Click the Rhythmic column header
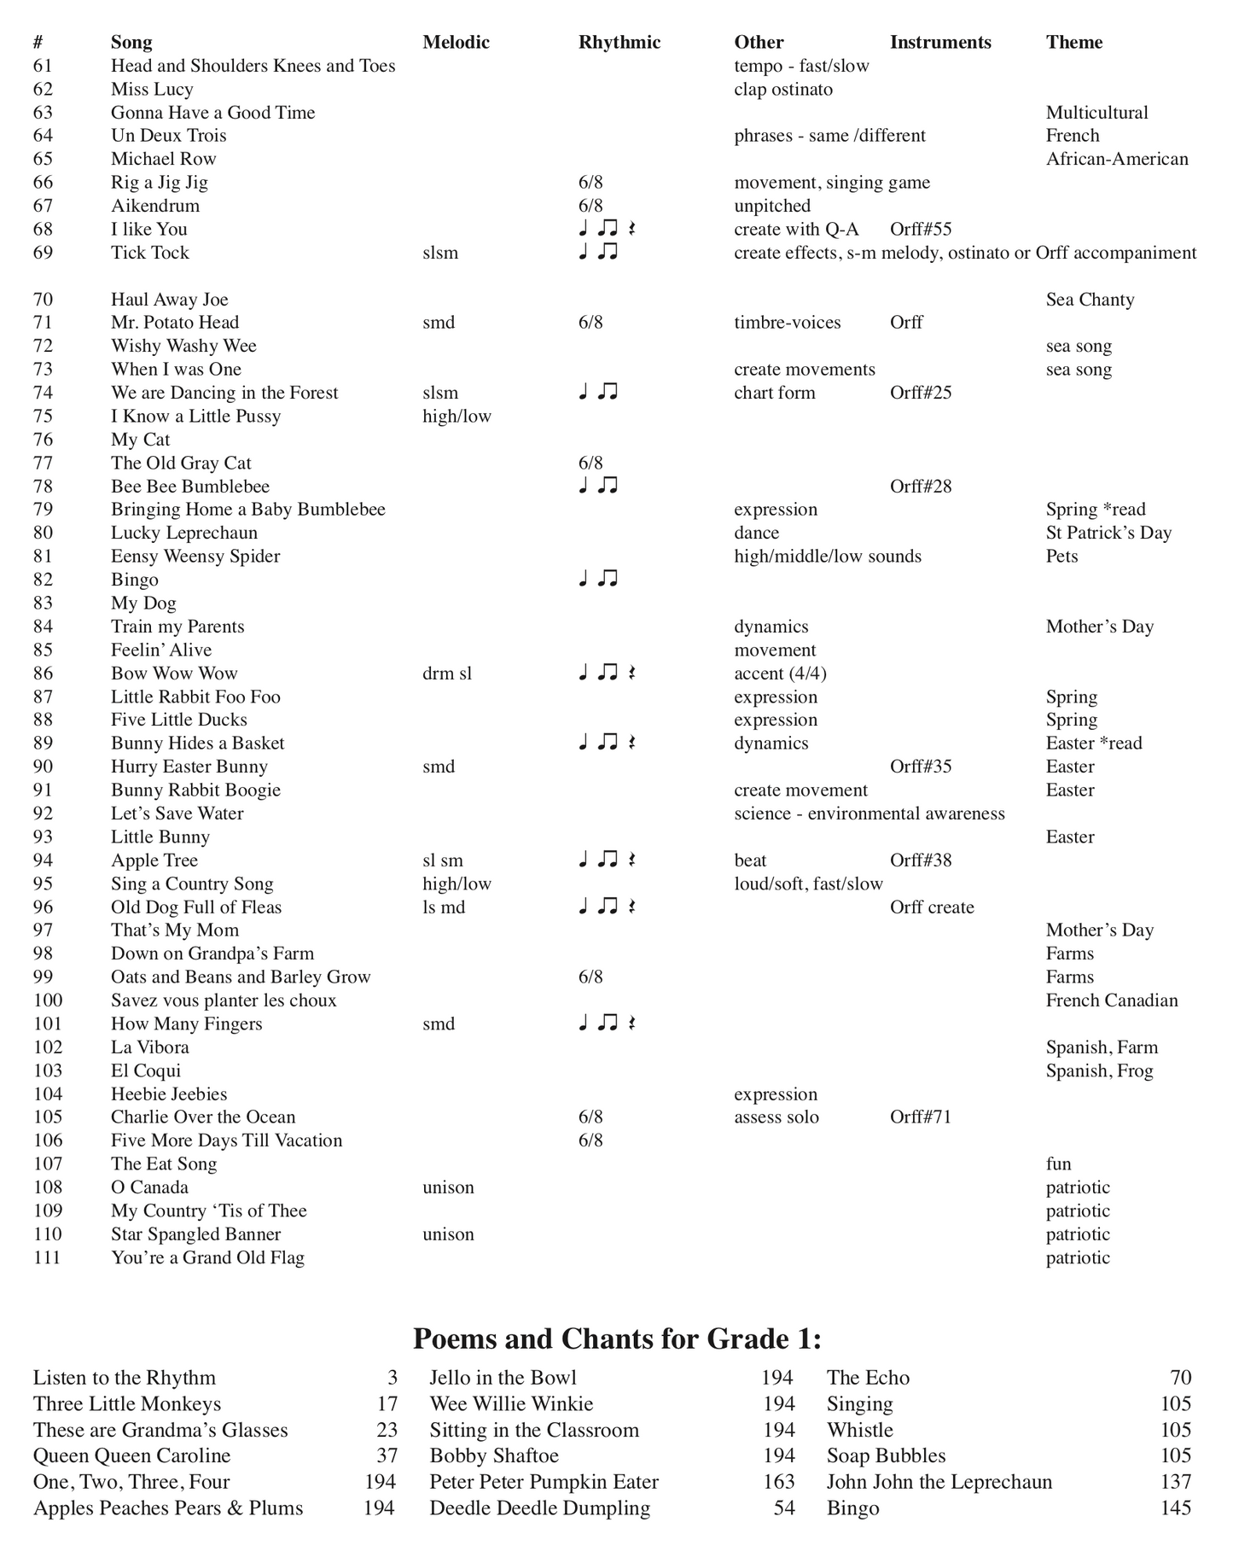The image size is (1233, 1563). tap(619, 42)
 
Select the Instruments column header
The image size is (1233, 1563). tap(939, 42)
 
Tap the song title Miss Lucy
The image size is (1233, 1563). tap(152, 89)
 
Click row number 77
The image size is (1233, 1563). tap(43, 463)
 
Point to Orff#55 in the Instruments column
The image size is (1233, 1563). tap(920, 229)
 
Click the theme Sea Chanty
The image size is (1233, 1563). tap(1090, 300)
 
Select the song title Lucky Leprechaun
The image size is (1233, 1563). tap(183, 533)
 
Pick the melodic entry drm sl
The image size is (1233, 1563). tap(446, 673)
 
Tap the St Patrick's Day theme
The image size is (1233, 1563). tap(1108, 533)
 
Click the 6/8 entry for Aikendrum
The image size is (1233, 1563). tap(590, 206)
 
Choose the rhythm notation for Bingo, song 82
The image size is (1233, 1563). tap(597, 579)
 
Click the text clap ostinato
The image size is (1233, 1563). tap(782, 89)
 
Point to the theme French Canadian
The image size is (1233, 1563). tap(1111, 1000)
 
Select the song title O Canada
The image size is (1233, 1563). tap(149, 1187)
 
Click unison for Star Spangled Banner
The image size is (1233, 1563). tap(448, 1234)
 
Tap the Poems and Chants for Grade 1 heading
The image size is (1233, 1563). tap(616, 1338)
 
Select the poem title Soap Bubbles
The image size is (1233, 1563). tap(886, 1455)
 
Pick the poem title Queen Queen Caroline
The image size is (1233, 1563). tap(131, 1455)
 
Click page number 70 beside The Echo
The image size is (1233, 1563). tap(1180, 1378)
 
